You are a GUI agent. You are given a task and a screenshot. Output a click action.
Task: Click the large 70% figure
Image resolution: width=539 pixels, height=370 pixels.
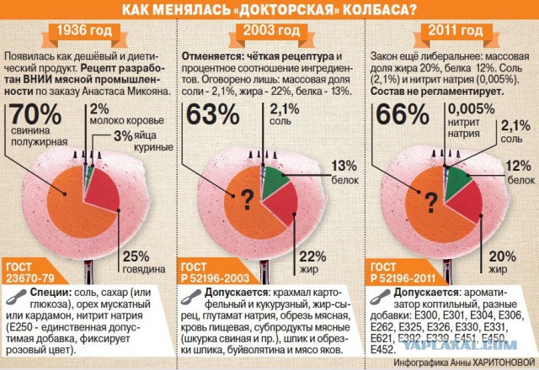tap(35, 114)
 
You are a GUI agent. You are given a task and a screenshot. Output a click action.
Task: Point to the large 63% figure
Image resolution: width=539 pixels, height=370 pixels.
tap(213, 114)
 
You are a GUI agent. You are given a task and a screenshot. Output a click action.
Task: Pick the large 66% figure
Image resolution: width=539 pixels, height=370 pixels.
tap(403, 114)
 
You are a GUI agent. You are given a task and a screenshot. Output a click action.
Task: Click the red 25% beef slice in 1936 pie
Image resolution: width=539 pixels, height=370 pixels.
tap(103, 191)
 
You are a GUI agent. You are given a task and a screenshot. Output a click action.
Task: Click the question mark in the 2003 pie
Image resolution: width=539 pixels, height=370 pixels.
tap(247, 200)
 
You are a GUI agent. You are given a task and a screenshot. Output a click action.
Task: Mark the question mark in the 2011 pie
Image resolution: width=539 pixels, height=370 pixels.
tap(430, 203)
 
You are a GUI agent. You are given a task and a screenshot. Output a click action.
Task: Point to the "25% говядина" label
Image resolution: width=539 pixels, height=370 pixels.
tap(144, 262)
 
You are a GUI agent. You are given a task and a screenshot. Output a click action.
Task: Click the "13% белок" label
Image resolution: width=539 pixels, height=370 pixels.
tap(344, 172)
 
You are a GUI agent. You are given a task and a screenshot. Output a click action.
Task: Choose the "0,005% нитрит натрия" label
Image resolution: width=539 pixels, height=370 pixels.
tap(471, 120)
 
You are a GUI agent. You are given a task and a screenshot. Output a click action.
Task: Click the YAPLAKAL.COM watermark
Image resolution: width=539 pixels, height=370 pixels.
tap(460, 345)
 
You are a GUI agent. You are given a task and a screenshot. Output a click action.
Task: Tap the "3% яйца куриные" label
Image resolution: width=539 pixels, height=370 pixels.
tap(144, 140)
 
